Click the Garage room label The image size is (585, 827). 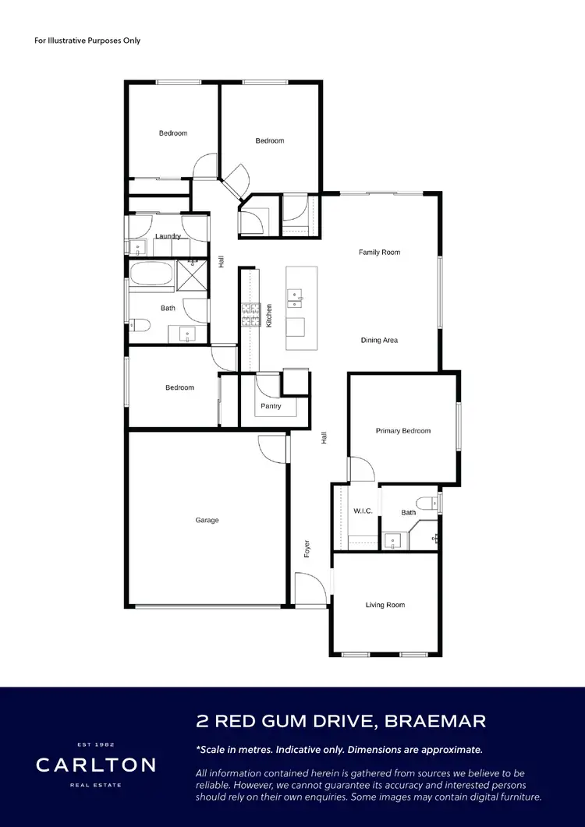click(207, 520)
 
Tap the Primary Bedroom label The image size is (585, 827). click(402, 431)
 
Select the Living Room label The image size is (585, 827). click(385, 605)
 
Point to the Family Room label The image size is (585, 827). click(379, 253)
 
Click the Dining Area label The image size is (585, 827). click(379, 341)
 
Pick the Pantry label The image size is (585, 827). click(271, 406)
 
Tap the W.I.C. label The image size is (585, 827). click(363, 511)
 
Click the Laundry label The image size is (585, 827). click(168, 236)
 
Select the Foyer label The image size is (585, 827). click(307, 548)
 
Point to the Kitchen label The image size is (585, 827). click(269, 314)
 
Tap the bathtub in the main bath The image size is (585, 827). click(153, 274)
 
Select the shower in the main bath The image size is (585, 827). click(191, 275)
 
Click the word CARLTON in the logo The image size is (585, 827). click(95, 765)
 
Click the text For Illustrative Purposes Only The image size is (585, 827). click(87, 41)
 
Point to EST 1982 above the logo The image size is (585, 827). click(95, 744)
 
